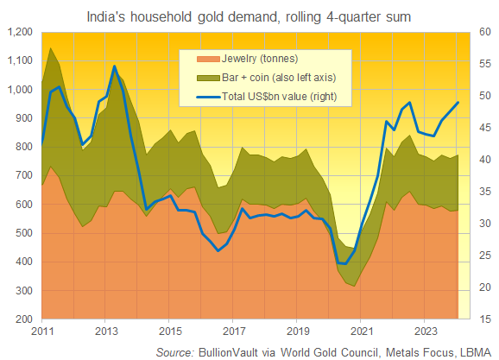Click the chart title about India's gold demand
click(x=249, y=15)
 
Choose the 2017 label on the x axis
click(x=233, y=331)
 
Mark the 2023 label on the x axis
click(x=425, y=331)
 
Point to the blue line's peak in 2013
click(x=116, y=66)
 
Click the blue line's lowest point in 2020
click(x=343, y=263)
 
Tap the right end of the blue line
click(x=458, y=103)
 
